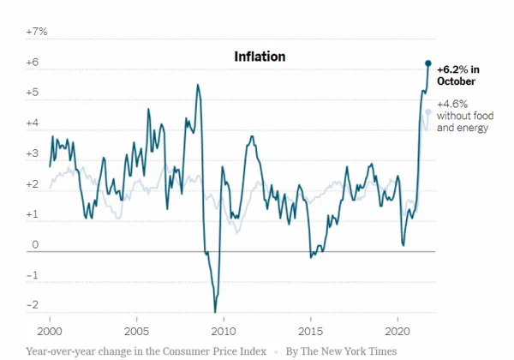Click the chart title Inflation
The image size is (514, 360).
(x=260, y=56)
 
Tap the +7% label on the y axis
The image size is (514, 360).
(x=37, y=31)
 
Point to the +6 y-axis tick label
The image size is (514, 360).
(x=33, y=62)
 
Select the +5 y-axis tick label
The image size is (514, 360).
(x=33, y=93)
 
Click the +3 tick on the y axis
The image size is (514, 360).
(x=33, y=153)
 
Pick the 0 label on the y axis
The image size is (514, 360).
(x=36, y=245)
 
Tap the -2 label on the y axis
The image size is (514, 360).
(x=33, y=305)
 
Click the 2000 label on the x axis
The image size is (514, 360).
(x=50, y=330)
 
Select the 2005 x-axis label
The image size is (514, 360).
(x=135, y=330)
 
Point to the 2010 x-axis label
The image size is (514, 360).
(x=224, y=330)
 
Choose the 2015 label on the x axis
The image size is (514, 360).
(x=310, y=330)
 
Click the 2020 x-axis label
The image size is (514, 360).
(x=397, y=330)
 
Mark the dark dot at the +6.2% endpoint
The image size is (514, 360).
(x=428, y=63)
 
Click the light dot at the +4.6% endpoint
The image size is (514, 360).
(x=427, y=111)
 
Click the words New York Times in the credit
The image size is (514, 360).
(x=361, y=351)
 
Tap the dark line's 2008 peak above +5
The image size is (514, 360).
(x=198, y=84)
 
